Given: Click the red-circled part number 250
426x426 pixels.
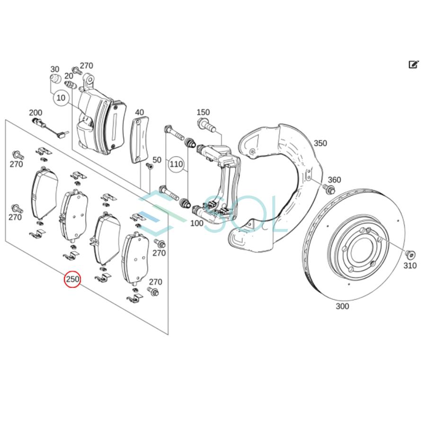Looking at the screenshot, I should (x=72, y=280).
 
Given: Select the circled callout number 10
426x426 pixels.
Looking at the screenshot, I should (x=61, y=98).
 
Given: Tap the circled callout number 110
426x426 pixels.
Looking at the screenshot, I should (x=176, y=164).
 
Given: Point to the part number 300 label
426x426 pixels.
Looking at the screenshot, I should (x=342, y=306).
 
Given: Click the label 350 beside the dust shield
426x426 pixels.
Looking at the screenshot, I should (x=320, y=143).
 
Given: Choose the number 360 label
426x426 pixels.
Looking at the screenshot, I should (x=334, y=180).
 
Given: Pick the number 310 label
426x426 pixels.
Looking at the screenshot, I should (x=410, y=266).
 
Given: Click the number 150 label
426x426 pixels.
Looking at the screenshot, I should (x=203, y=112).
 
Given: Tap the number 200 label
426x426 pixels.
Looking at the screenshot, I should (x=35, y=113).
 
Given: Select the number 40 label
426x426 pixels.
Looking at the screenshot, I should (x=139, y=113).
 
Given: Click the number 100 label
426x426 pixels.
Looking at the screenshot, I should (x=196, y=223).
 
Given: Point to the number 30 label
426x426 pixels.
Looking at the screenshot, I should (x=55, y=70).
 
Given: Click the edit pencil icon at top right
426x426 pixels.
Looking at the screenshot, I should (x=413, y=64).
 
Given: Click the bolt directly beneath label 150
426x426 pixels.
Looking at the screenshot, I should (x=206, y=125).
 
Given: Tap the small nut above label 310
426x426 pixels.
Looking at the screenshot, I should (x=410, y=254).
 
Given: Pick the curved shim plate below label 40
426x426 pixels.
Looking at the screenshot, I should (x=140, y=141).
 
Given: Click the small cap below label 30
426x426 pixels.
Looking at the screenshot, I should (x=55, y=79).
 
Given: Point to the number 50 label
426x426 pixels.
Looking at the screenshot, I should (x=157, y=160).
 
